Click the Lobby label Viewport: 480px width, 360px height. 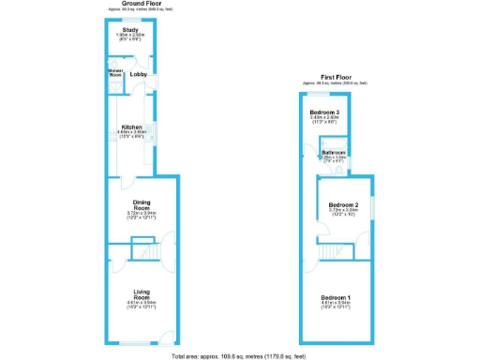[x=138, y=72]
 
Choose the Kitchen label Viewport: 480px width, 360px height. [x=130, y=127]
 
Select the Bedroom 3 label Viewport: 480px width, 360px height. [x=324, y=112]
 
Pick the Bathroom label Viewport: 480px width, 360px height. [x=334, y=152]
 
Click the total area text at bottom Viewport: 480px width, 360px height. [x=239, y=356]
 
